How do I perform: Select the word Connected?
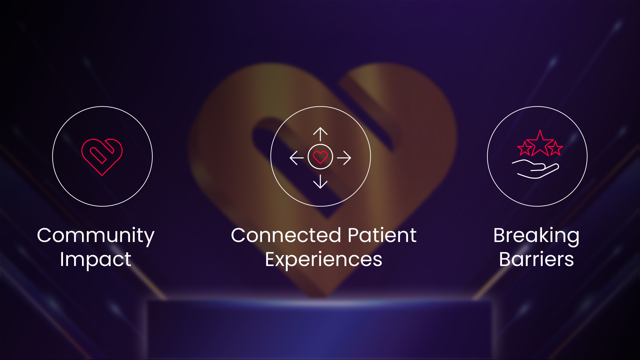point(286,235)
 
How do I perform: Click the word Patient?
point(382,235)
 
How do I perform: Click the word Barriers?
point(536,259)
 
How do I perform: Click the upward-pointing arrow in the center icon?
point(320,134)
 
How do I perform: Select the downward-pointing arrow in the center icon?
point(320,182)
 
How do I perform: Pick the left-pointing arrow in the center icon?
point(297,158)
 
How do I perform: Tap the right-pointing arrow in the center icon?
point(344,158)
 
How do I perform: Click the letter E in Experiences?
point(270,259)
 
